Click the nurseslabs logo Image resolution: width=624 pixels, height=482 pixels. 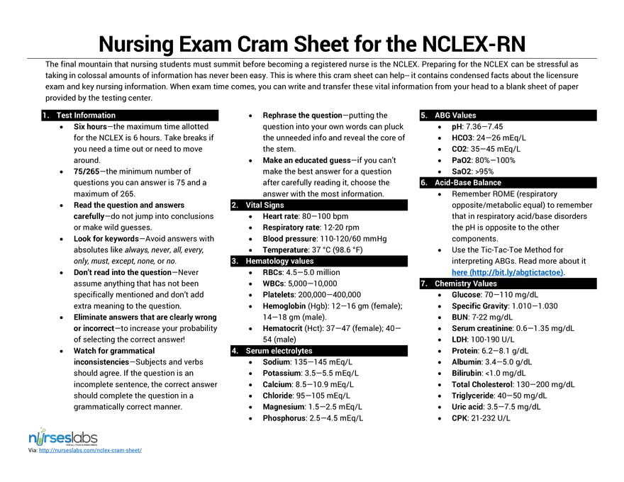tap(63, 437)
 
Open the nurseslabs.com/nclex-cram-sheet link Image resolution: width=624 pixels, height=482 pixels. tap(90, 451)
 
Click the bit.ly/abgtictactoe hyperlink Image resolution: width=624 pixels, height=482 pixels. tap(508, 272)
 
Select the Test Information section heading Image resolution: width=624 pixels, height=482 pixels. tap(86, 116)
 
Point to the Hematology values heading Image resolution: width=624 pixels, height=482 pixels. tap(279, 262)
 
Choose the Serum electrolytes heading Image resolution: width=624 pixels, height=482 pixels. tap(279, 351)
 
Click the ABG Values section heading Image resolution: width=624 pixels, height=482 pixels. tap(455, 116)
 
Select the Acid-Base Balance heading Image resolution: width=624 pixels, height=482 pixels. tap(467, 183)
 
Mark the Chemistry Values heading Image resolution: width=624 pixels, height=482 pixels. tap(466, 284)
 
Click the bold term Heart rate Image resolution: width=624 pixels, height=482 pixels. tap(280, 216)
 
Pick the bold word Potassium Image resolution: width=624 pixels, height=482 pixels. tap(282, 374)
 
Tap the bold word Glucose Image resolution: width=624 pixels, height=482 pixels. tap(466, 295)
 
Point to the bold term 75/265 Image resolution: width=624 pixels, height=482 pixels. tap(87, 172)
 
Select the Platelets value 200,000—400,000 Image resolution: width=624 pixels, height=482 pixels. tap(330, 295)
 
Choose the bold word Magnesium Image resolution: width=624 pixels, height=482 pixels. tap(284, 408)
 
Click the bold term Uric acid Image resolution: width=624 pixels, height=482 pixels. tap(467, 408)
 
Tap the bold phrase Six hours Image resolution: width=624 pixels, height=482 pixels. tap(90, 127)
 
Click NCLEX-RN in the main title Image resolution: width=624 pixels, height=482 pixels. tap(474, 44)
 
